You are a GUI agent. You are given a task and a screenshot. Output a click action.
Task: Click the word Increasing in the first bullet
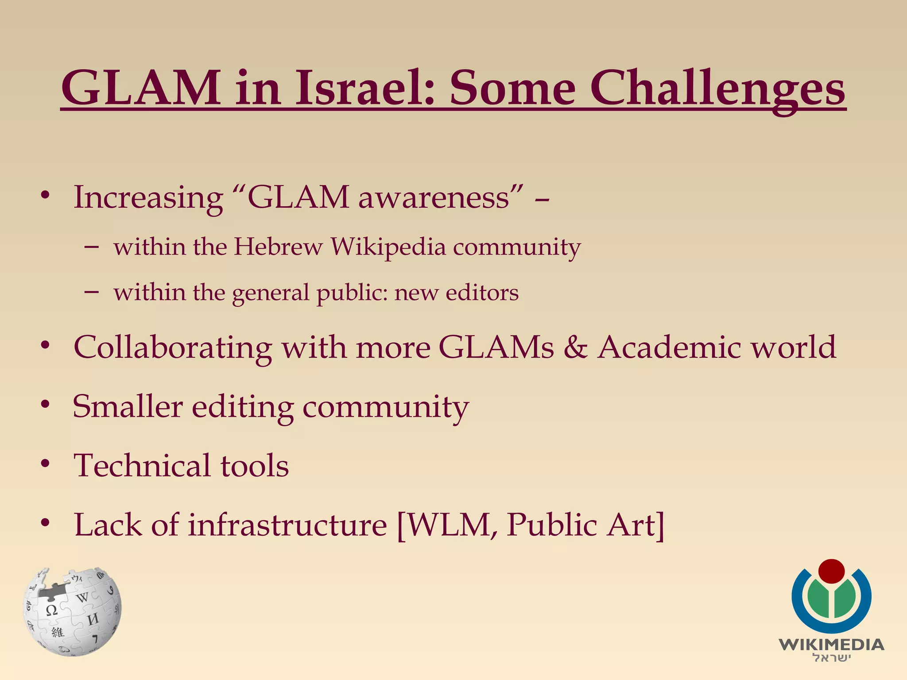click(148, 198)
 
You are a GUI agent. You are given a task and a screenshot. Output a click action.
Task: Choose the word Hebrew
click(278, 247)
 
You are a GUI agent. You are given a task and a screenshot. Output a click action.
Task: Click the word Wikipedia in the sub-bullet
click(388, 247)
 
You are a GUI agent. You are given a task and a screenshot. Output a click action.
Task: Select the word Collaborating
click(173, 348)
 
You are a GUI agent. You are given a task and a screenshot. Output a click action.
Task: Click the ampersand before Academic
click(575, 347)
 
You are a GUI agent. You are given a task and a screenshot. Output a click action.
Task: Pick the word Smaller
click(128, 406)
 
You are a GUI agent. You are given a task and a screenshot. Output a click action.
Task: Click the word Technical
click(142, 466)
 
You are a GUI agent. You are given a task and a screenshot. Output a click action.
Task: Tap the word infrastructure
click(287, 525)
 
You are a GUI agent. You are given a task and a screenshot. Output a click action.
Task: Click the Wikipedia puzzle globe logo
click(72, 611)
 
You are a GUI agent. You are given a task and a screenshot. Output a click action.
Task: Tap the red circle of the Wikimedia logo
click(831, 572)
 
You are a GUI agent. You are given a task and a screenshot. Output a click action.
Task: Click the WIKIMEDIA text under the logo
click(831, 645)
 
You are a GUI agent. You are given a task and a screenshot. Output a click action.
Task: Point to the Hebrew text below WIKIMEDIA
click(831, 658)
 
